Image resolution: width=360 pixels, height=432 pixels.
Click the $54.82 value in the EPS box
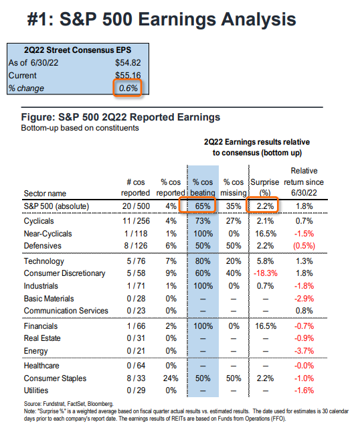128,63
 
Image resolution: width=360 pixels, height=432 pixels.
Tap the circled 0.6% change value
128,88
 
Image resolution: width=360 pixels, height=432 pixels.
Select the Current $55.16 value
128,75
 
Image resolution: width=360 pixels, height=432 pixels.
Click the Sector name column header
45,194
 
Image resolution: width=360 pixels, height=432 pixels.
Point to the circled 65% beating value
203,206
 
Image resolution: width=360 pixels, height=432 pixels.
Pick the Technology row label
43,261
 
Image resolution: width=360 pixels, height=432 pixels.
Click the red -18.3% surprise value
266,273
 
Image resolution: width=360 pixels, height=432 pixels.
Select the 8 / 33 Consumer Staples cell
136,378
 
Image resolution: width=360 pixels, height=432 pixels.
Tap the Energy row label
35,351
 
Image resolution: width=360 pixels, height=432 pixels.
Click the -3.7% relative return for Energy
304,351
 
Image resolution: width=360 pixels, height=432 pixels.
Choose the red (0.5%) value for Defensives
304,246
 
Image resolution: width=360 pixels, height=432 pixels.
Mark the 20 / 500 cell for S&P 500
136,206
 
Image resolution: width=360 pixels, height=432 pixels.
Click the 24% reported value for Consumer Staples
171,378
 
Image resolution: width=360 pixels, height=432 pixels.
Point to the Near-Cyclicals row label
48,234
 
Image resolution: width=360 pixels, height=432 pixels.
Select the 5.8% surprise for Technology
266,261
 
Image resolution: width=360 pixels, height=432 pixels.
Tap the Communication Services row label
66,311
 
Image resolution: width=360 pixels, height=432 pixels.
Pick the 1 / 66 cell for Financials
136,326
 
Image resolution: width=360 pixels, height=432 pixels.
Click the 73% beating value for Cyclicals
203,221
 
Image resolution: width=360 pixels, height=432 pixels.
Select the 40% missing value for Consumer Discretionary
234,273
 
